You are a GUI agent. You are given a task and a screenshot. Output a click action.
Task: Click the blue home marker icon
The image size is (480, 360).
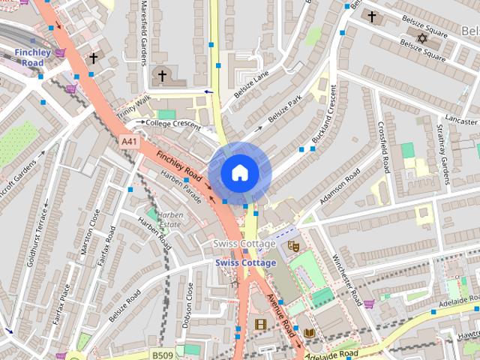pos(239,172)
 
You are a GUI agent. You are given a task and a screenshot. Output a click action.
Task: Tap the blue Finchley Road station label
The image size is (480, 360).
pos(32,58)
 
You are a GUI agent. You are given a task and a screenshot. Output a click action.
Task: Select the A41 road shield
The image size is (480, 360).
pos(129,140)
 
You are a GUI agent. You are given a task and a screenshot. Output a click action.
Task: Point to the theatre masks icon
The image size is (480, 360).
pos(293,244)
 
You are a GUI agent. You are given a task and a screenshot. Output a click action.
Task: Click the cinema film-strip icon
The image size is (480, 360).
pos(260,324)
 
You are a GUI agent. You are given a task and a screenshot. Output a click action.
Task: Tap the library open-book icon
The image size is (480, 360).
pos(308,331)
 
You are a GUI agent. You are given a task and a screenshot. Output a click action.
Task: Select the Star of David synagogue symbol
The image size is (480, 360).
pos(421,37)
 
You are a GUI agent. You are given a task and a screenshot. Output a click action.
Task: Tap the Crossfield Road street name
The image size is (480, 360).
pos(384,147)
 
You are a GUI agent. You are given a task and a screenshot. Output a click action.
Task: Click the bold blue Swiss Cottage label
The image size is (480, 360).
pos(245,262)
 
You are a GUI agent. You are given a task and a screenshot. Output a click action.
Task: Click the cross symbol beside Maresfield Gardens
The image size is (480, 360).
pos(161,76)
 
